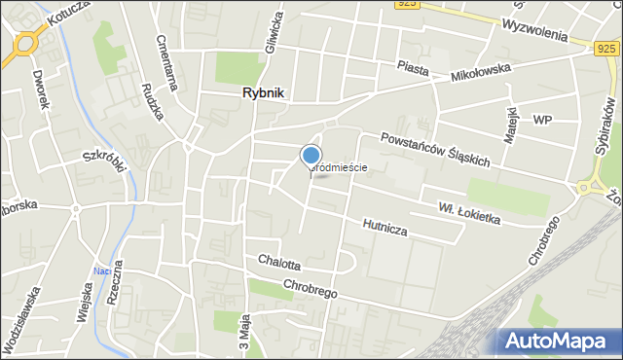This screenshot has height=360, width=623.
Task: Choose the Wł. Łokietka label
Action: click(x=469, y=213)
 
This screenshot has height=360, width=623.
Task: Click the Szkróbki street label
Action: click(x=105, y=162)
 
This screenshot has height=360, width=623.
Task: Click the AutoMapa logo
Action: click(x=560, y=342)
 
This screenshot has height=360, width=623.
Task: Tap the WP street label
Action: click(x=543, y=121)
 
